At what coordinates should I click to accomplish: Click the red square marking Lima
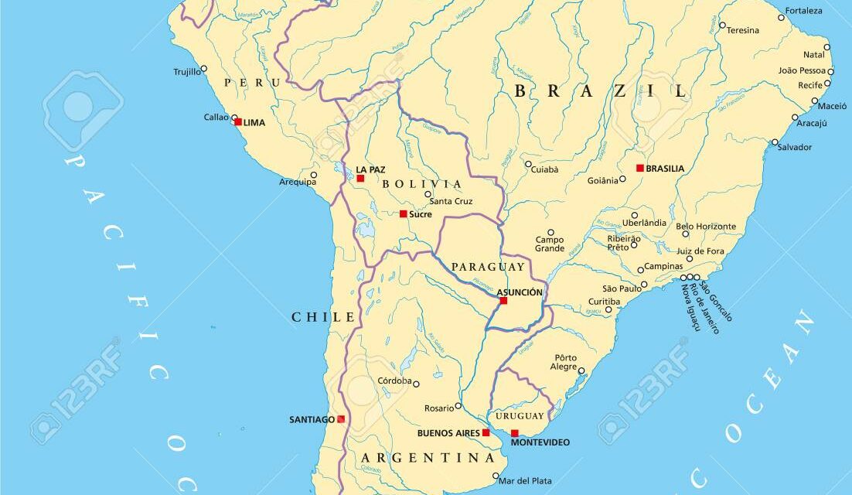(238, 121)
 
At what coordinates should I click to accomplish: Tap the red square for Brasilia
(640, 168)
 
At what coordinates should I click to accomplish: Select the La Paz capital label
(370, 169)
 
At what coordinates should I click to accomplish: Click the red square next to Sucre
(404, 213)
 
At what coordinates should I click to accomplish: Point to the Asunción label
(520, 292)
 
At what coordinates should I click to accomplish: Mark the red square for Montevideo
(515, 433)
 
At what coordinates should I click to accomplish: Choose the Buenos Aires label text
(448, 433)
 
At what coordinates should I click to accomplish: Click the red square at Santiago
(341, 419)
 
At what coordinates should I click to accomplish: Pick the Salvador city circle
(775, 142)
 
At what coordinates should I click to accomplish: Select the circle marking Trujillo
(203, 68)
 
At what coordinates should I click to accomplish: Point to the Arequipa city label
(298, 183)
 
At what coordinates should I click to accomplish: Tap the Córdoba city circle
(416, 384)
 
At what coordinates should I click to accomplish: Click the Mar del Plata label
(527, 480)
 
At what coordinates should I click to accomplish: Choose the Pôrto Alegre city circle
(581, 370)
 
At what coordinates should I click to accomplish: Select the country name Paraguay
(478, 267)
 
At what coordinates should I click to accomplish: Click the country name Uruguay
(520, 416)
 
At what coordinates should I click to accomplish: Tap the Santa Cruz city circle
(428, 194)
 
